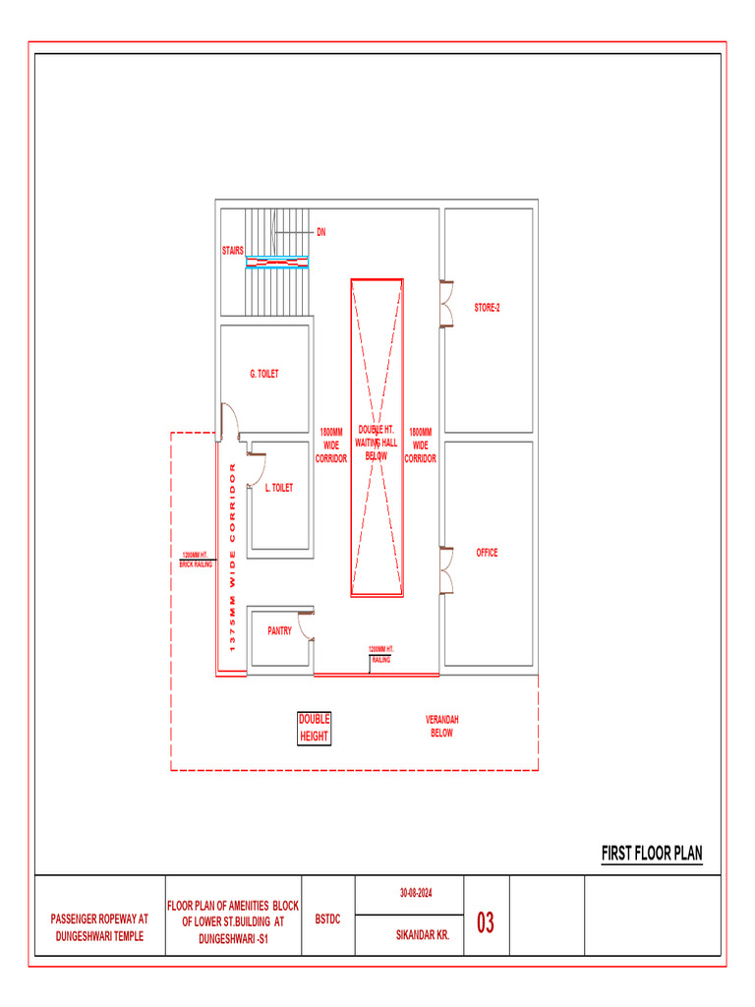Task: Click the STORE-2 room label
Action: tap(487, 308)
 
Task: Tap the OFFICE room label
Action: tap(487, 553)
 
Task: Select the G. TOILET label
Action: tap(264, 374)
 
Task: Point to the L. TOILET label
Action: tap(278, 488)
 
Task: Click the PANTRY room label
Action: tap(279, 631)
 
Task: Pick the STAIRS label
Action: tap(232, 251)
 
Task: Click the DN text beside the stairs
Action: tap(320, 233)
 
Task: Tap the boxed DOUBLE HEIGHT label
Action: tap(315, 728)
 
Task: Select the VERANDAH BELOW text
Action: tap(441, 727)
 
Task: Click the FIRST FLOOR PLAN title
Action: tap(652, 854)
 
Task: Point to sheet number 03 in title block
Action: tap(486, 923)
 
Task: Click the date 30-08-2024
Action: tap(416, 893)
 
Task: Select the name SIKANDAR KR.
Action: tap(416, 935)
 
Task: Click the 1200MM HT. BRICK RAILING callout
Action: tap(196, 561)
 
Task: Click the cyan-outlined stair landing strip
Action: tap(277, 262)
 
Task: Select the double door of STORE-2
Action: tap(447, 303)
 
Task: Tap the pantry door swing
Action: tap(306, 625)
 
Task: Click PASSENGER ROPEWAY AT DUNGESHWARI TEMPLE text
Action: tap(99, 927)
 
